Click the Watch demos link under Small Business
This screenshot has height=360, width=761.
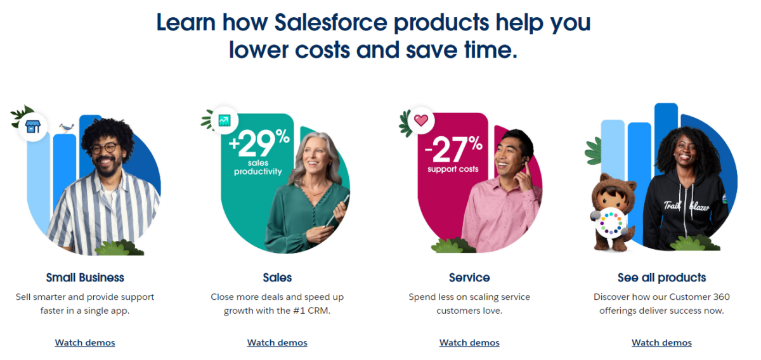click(85, 343)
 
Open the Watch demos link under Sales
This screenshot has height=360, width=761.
click(277, 343)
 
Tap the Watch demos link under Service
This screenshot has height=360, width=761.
click(469, 343)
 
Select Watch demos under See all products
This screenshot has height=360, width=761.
click(661, 343)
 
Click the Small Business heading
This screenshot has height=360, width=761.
click(85, 278)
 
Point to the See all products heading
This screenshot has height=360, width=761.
click(661, 278)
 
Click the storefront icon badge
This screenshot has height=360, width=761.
click(32, 127)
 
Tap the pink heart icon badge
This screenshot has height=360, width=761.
click(421, 120)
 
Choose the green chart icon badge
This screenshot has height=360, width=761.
click(224, 119)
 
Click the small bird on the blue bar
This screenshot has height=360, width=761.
click(67, 128)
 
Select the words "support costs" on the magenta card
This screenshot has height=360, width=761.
click(453, 169)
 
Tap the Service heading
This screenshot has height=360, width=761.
click(469, 278)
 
